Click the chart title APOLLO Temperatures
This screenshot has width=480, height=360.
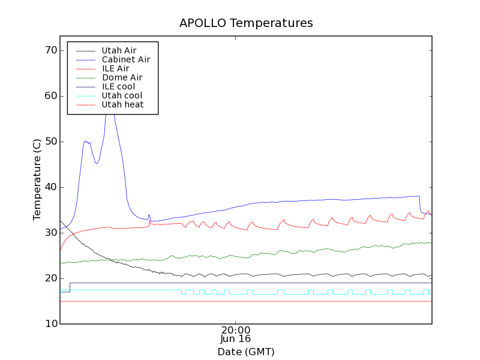pyautogui.click(x=246, y=23)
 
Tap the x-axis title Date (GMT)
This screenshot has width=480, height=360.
pyautogui.click(x=245, y=352)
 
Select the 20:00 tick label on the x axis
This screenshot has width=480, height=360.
pyautogui.click(x=236, y=330)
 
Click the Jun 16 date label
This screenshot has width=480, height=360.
pyautogui.click(x=236, y=339)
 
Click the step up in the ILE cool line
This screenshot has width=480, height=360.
pyautogui.click(x=70, y=287)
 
